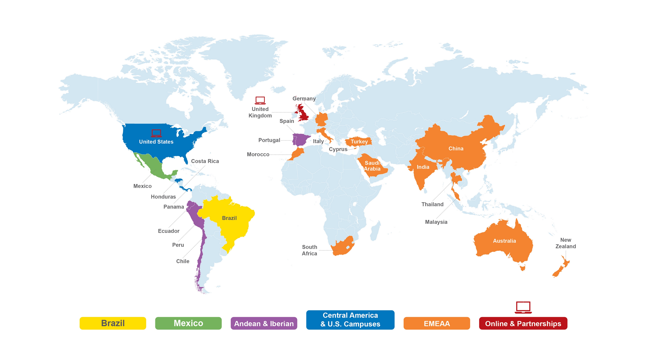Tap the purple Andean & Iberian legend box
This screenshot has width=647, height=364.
[x=264, y=323]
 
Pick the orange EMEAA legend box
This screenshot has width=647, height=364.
[x=437, y=323]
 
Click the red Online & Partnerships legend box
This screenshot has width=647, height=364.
[x=523, y=323]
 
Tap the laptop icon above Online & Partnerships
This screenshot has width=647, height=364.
[x=523, y=307]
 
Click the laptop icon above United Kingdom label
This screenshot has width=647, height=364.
[x=260, y=100]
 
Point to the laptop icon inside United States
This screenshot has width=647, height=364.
[x=156, y=133]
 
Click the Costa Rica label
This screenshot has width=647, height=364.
[x=205, y=161]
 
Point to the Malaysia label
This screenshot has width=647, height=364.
[x=436, y=222]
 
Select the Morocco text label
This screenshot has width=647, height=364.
[x=258, y=154]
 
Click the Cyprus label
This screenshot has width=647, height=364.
[x=338, y=149]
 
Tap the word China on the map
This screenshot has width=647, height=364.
[x=456, y=148]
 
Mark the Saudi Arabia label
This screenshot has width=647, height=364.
[x=372, y=166]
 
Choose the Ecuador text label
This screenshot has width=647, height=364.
[x=168, y=231]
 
